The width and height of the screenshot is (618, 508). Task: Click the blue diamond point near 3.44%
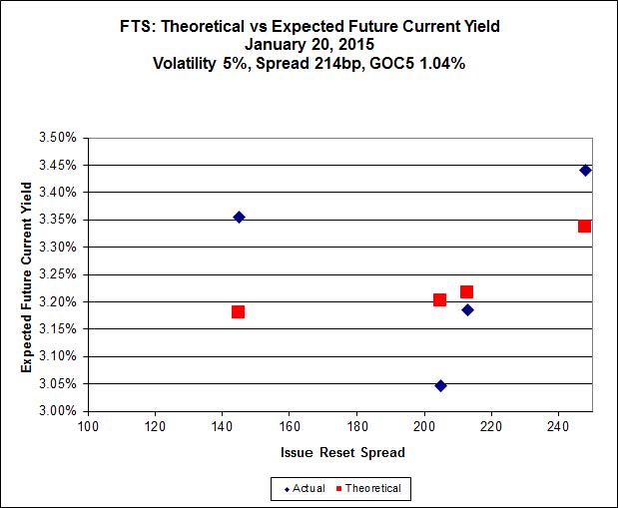pyautogui.click(x=586, y=170)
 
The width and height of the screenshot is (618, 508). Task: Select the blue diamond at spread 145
pyautogui.click(x=239, y=217)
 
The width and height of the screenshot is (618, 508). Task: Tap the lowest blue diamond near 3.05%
pyautogui.click(x=440, y=385)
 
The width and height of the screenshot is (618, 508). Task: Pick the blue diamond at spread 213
pyautogui.click(x=467, y=309)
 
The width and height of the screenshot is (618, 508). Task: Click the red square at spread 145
pyautogui.click(x=238, y=312)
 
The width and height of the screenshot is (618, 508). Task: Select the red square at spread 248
pyautogui.click(x=585, y=226)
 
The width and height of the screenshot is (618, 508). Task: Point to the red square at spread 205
pyautogui.click(x=439, y=299)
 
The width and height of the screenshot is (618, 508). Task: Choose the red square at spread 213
pyautogui.click(x=466, y=291)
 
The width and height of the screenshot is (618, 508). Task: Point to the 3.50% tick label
pyautogui.click(x=58, y=138)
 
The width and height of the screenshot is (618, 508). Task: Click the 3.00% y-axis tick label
pyautogui.click(x=58, y=410)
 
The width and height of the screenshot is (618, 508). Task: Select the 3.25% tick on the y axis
pyautogui.click(x=58, y=274)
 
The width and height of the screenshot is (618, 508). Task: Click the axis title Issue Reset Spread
pyautogui.click(x=341, y=453)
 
